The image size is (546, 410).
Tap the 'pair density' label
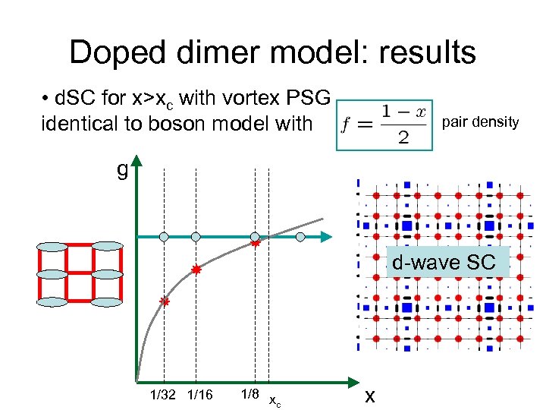[x=480, y=121]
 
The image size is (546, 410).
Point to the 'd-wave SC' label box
[x=444, y=263]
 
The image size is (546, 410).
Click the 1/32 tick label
[x=164, y=394]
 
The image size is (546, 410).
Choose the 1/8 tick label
[x=250, y=394]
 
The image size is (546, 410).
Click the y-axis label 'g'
[x=122, y=169]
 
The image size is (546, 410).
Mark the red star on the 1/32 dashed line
[x=163, y=301]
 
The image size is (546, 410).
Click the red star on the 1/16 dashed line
[x=196, y=270]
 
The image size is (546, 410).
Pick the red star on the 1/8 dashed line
[x=256, y=244]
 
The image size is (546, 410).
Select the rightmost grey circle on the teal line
[x=300, y=237]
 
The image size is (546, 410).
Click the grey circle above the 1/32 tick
[x=164, y=237]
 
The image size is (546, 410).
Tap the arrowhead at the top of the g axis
[x=136, y=161]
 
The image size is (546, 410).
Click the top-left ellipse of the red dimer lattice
[x=54, y=247]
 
